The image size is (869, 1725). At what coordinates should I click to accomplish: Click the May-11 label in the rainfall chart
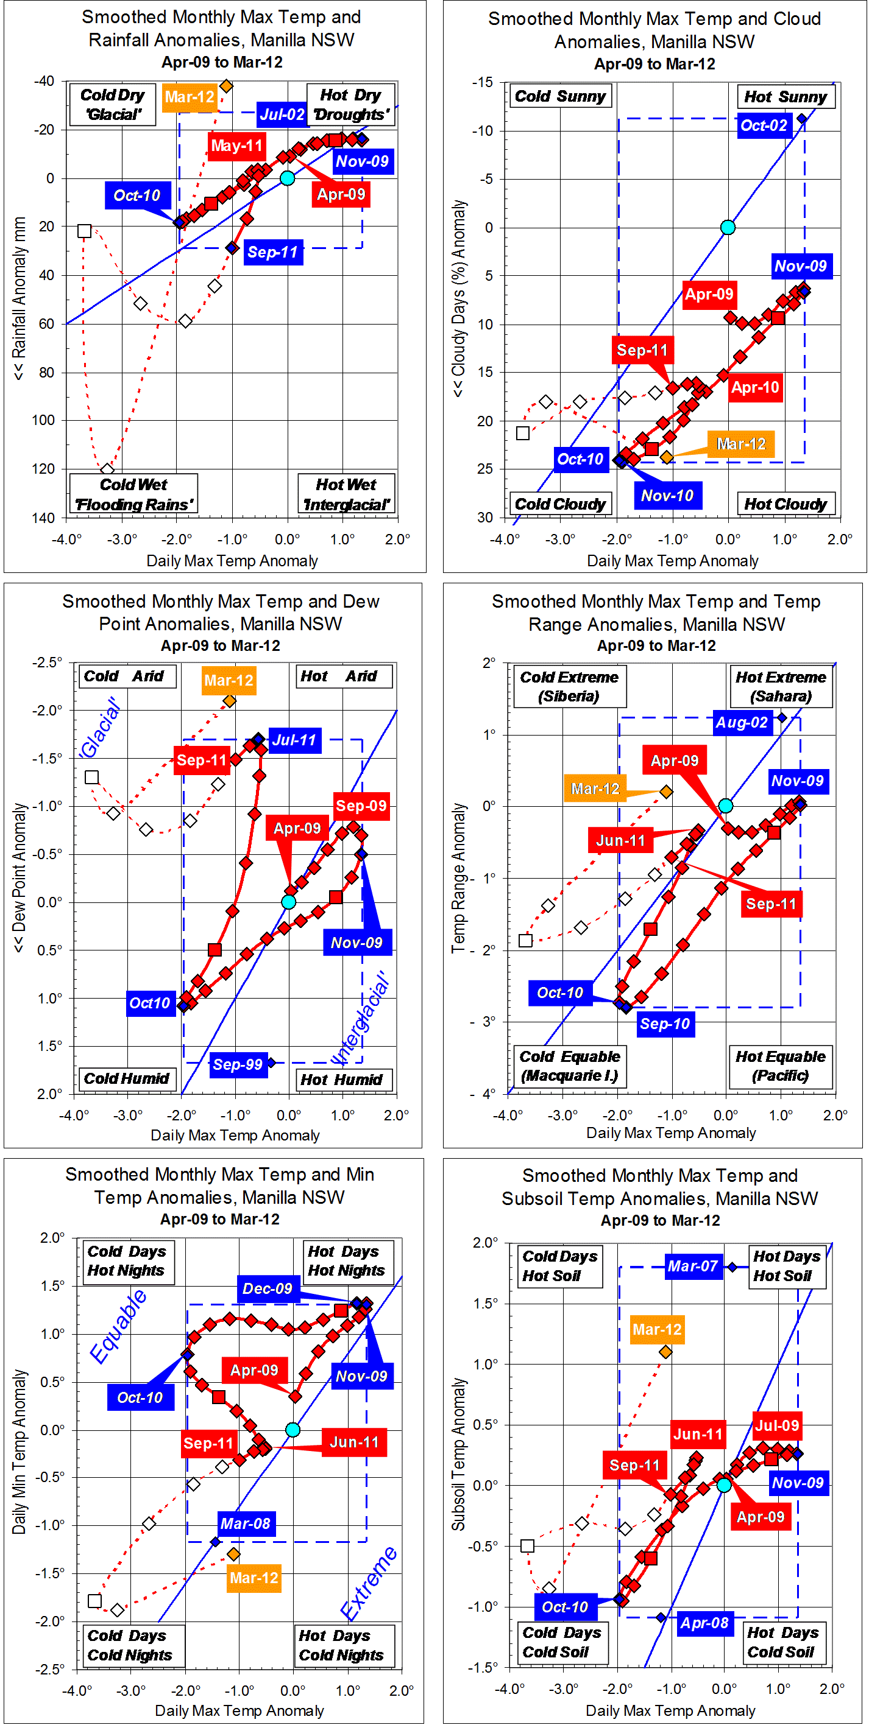236,146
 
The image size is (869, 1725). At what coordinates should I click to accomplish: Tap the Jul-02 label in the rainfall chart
282,114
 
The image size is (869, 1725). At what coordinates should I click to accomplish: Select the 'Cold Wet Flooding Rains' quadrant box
133,494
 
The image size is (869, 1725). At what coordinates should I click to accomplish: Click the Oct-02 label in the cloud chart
764,125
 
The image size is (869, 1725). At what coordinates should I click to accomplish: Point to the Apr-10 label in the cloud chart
755,387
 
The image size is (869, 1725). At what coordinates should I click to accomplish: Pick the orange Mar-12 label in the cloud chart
741,444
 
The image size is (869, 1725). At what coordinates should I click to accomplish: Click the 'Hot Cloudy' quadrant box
786,504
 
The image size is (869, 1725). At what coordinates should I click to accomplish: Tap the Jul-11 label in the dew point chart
294,740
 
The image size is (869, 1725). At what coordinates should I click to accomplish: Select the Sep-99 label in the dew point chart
237,1064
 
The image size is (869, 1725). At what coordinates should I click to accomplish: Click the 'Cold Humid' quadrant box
127,1078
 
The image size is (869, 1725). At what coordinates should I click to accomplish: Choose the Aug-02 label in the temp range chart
741,723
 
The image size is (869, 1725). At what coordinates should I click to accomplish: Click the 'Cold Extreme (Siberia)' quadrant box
570,686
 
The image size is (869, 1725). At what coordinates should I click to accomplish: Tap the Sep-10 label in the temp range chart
664,1024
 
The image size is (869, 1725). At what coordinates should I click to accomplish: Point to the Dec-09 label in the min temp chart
268,1288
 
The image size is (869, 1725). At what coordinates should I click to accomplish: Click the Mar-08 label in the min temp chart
245,1523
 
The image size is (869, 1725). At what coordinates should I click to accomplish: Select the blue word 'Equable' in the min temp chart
119,1327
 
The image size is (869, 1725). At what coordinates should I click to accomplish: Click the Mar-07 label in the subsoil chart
693,1266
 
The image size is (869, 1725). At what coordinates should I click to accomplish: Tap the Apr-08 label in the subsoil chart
704,1623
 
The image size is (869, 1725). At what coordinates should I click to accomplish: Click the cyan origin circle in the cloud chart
728,228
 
